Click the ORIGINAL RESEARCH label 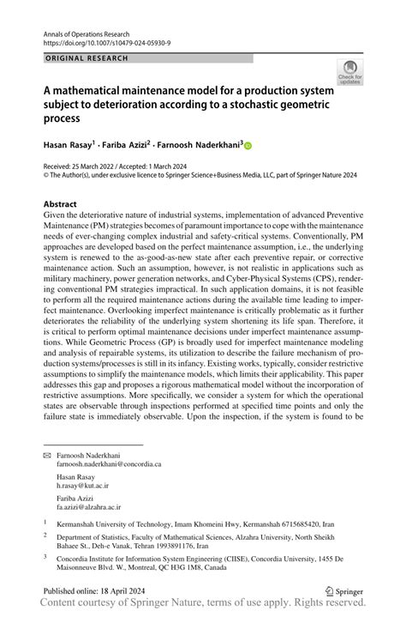[x=86, y=57]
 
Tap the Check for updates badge [x=349, y=74]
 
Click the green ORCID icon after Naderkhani [x=248, y=147]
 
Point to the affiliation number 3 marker [x=45, y=555]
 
